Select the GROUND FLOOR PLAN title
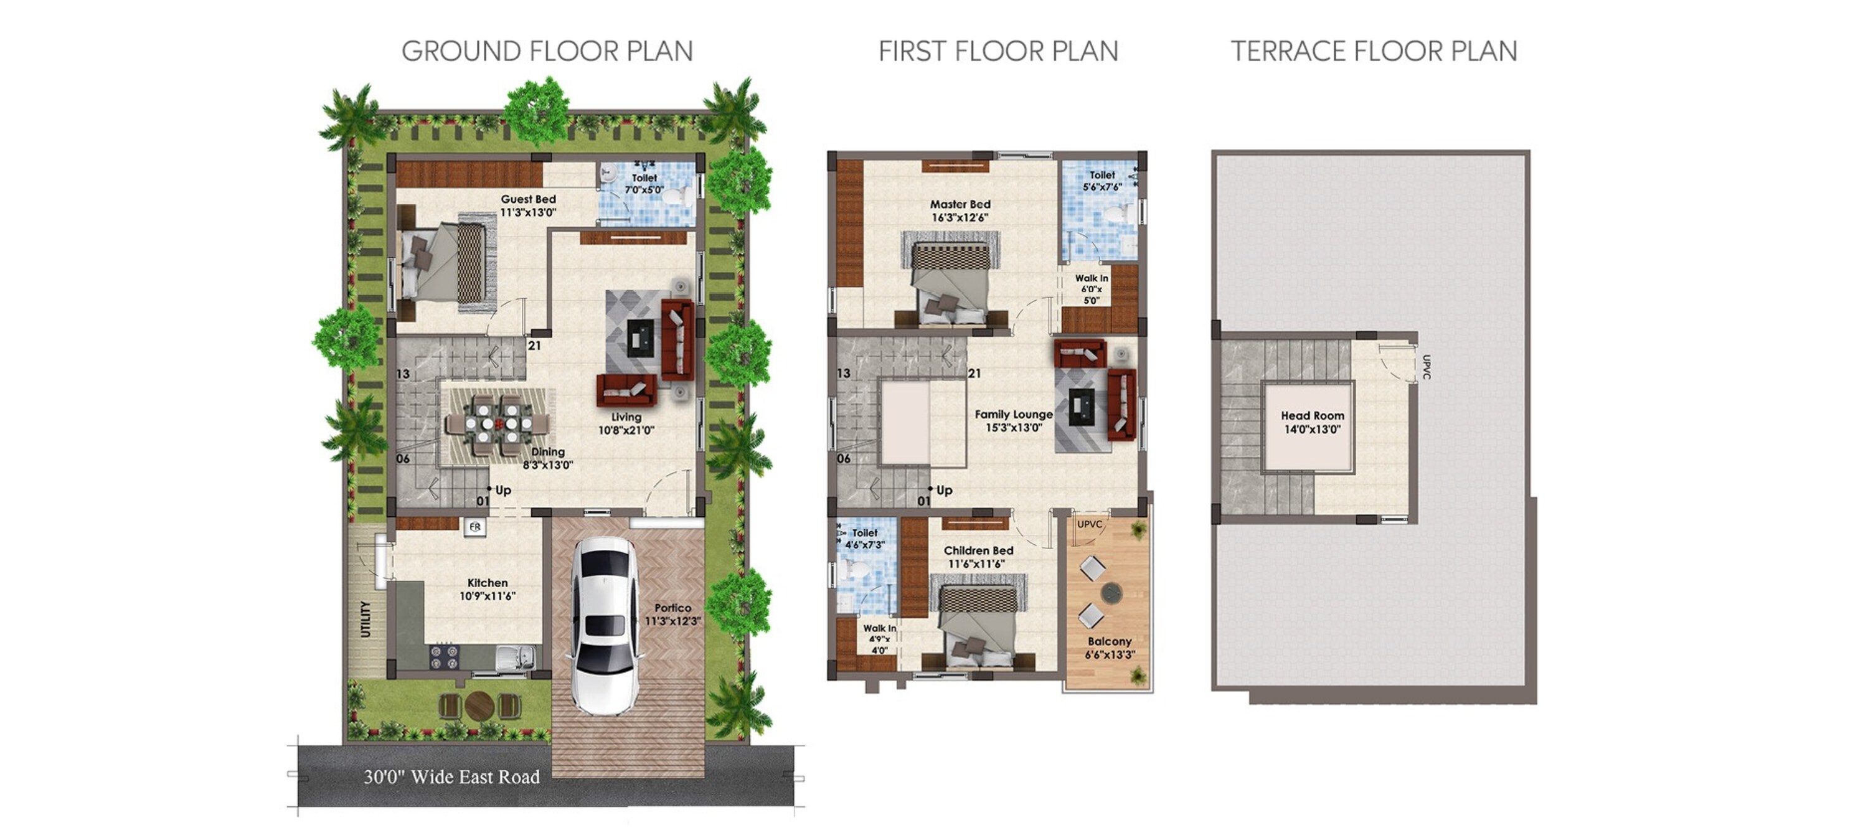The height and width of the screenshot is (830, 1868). pos(547,52)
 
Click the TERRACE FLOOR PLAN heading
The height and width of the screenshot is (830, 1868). pos(1374,52)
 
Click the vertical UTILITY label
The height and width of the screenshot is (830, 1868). pos(366,619)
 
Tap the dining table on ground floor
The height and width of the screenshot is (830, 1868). pos(499,424)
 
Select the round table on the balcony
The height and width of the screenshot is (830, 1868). pos(1111,593)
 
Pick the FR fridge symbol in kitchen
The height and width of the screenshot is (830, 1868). pos(475,527)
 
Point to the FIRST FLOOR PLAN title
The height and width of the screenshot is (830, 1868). pos(999,52)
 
